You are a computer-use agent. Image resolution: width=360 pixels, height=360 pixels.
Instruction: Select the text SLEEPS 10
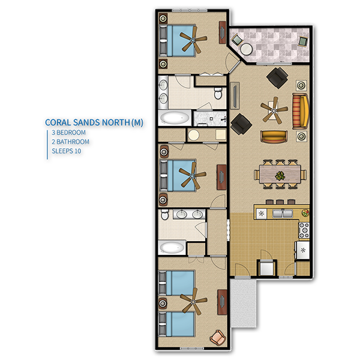(67, 151)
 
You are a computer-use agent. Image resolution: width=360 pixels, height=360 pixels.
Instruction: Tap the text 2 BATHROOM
(70, 142)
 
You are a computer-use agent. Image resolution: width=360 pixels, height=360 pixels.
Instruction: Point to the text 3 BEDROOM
(68, 133)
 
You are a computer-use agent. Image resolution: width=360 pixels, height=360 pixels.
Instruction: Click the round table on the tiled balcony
(247, 49)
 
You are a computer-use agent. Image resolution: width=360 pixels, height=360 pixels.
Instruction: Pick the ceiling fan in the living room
(274, 110)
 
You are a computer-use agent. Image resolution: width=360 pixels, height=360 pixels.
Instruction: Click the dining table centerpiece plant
(280, 176)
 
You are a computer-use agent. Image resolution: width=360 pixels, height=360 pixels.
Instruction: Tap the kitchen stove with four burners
(304, 230)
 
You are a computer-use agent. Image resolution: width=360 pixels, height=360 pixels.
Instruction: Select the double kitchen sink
(283, 214)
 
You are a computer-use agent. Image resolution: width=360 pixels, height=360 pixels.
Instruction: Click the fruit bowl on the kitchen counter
(305, 213)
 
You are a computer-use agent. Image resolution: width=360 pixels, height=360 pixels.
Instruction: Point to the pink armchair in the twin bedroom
(218, 337)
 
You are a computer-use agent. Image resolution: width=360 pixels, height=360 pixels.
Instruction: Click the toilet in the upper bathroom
(218, 92)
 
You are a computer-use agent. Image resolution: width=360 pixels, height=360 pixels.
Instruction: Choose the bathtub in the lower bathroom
(171, 247)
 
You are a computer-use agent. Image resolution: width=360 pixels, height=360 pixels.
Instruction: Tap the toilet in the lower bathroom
(164, 214)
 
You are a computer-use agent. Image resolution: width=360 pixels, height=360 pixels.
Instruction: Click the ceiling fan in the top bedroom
(193, 40)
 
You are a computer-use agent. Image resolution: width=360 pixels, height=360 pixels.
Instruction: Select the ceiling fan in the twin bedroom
(193, 301)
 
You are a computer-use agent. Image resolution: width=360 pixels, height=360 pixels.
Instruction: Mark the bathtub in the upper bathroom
(175, 118)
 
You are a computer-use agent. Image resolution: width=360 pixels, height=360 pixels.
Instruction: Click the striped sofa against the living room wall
(300, 111)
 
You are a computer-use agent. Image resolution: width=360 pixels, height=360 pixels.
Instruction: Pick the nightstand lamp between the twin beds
(163, 303)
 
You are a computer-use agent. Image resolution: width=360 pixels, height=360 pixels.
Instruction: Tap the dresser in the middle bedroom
(221, 177)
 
